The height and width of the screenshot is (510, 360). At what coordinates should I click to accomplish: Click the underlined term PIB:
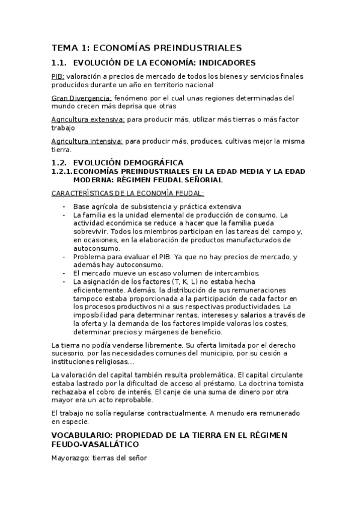58,76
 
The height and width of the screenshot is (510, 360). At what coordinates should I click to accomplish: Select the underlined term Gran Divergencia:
82,98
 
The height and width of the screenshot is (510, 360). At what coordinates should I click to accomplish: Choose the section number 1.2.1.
61,171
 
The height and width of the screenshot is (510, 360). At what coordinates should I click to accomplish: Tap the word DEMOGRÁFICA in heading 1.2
154,163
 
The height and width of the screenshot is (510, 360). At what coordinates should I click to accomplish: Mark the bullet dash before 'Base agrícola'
64,207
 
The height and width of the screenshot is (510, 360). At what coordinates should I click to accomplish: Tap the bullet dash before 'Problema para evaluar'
64,256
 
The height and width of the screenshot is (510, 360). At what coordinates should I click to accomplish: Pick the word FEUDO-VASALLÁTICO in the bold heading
95,444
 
